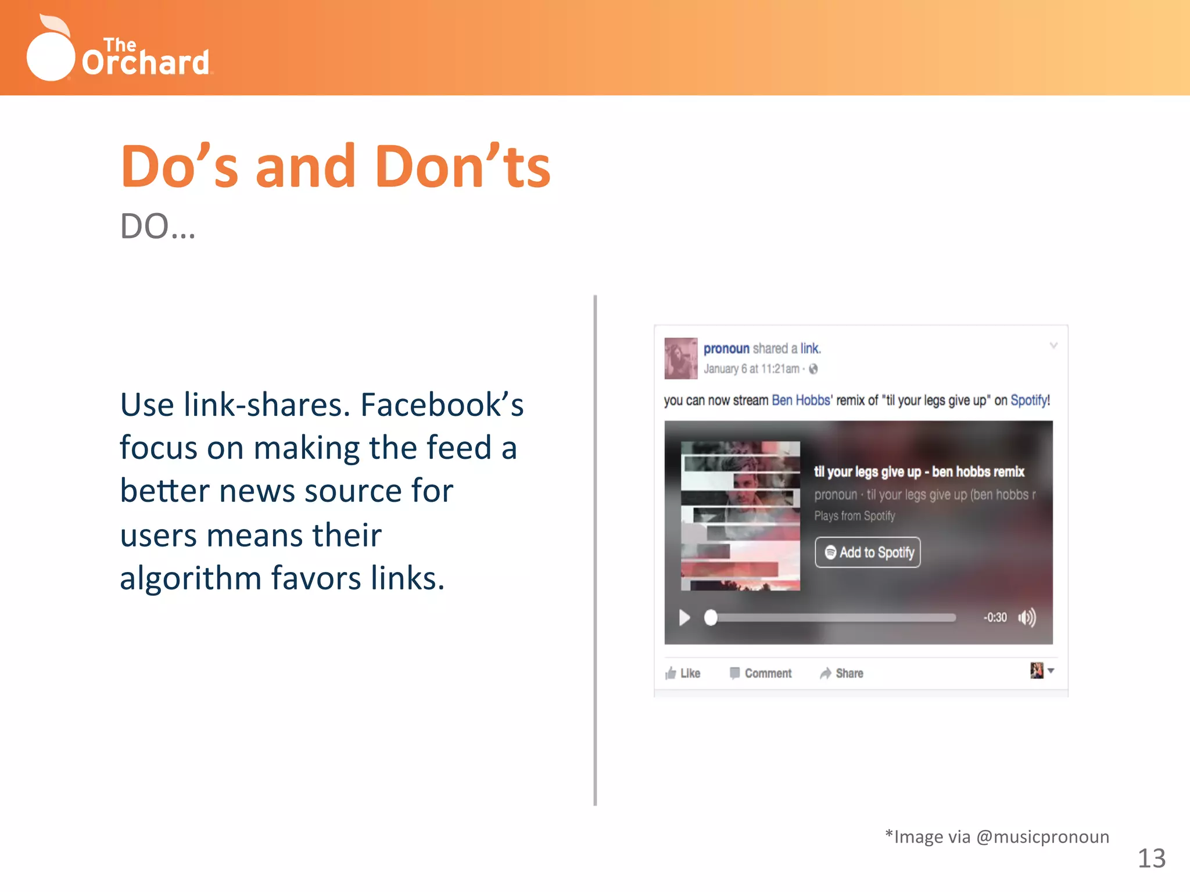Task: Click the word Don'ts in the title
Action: coord(463,167)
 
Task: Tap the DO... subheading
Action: coord(157,226)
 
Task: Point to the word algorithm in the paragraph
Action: coord(191,578)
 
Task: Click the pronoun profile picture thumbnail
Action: coord(680,358)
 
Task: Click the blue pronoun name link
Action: coord(726,348)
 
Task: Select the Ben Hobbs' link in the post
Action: coord(801,400)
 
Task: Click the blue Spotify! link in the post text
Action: coord(1030,400)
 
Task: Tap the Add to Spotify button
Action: coord(868,552)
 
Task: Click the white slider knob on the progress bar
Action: coord(711,617)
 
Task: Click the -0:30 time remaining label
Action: coord(995,617)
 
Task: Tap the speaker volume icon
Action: coord(1027,617)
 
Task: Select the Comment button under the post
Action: coord(761,673)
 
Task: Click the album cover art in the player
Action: coord(740,516)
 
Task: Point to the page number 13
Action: coord(1151,858)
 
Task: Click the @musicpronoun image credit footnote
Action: coord(997,837)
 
